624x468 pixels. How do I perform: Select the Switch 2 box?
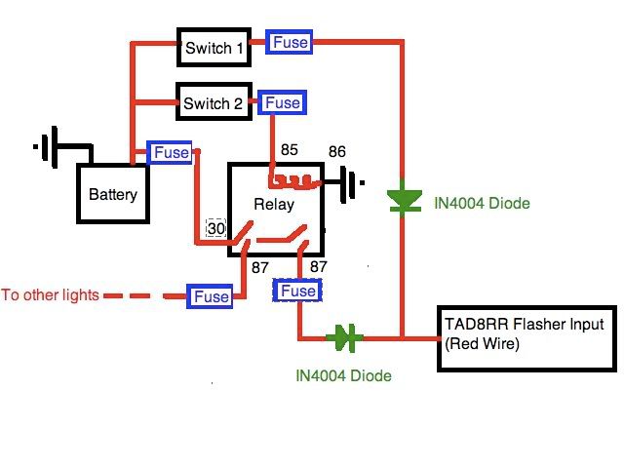coord(211,101)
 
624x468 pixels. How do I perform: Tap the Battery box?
coord(113,194)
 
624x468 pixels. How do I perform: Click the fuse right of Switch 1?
coord(291,43)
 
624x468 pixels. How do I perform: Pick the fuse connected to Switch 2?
coord(282,102)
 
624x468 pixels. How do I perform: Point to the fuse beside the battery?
coord(172,153)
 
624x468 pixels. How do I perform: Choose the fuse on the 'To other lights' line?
coord(211,296)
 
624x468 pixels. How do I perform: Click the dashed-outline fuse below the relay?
coord(297,291)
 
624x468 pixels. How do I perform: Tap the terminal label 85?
coord(290,151)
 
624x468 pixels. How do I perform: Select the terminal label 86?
coord(336,151)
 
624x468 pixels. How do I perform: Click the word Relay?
coord(273,205)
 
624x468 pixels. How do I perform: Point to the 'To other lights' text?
coord(51,294)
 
